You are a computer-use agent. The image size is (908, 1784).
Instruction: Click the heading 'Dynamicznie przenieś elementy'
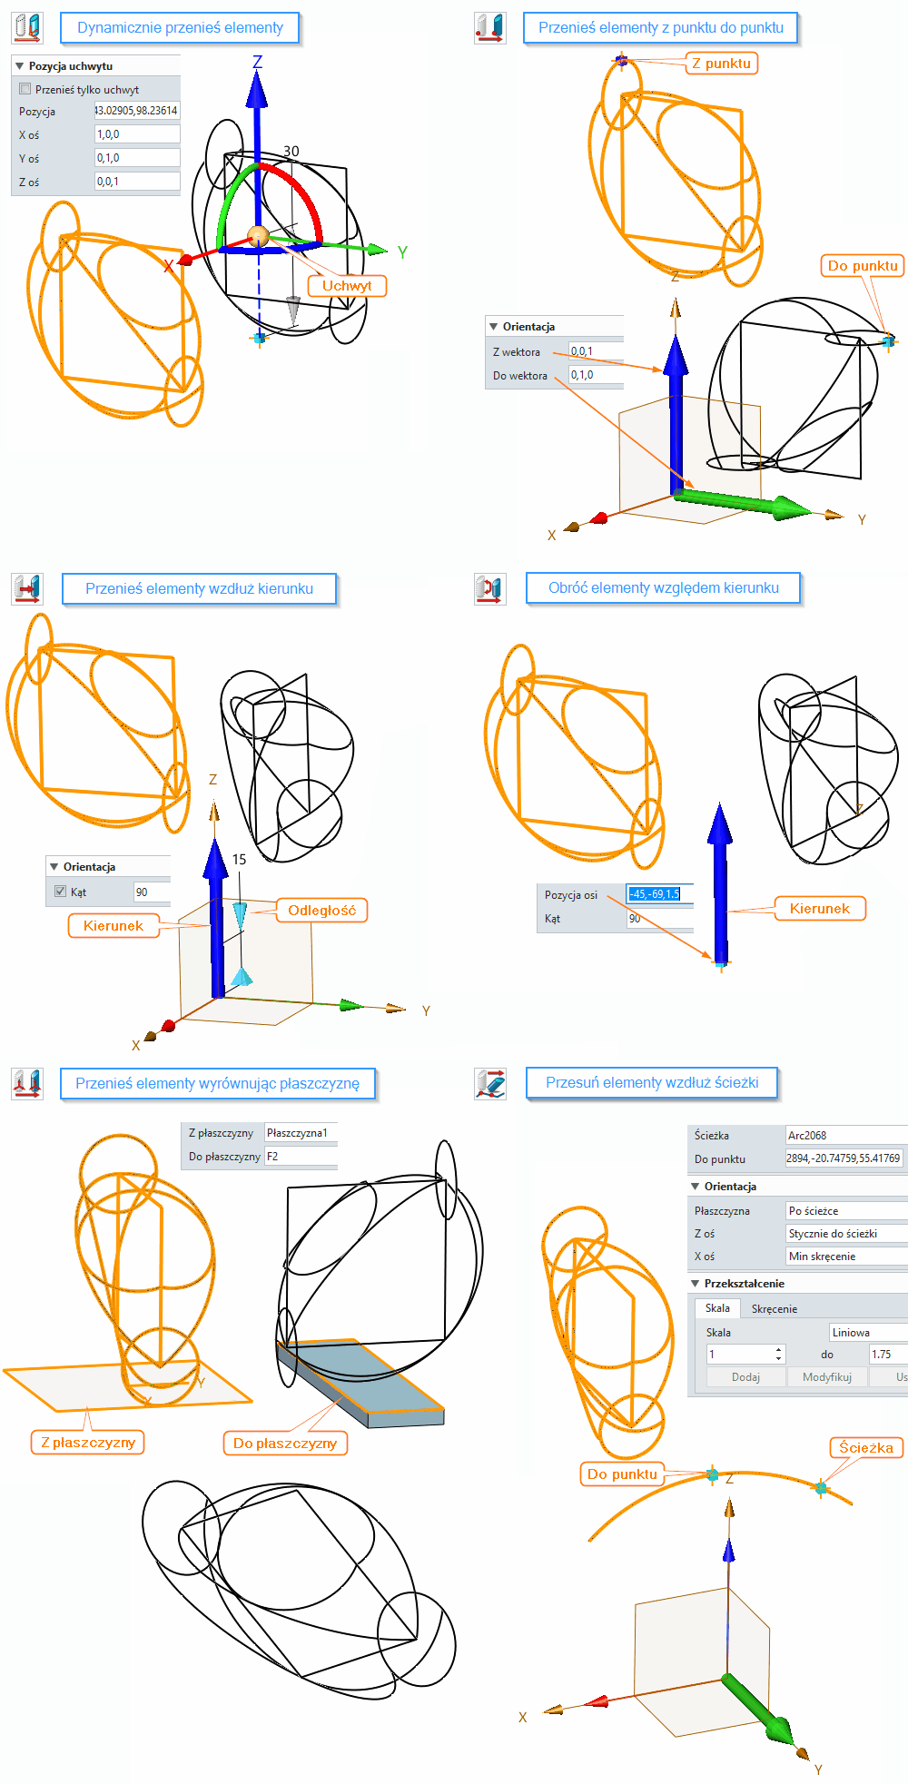point(180,28)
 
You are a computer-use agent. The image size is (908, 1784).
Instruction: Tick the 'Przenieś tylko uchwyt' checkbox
point(25,89)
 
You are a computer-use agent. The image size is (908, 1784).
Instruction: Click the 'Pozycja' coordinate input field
point(136,111)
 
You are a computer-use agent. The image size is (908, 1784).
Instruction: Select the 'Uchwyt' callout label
point(346,286)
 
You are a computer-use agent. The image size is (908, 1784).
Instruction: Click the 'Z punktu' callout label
point(721,64)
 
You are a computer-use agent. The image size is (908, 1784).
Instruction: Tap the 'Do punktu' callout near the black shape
point(862,266)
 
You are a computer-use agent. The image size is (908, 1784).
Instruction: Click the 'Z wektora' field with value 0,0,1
point(595,351)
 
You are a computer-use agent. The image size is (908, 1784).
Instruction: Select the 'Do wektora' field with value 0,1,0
point(595,375)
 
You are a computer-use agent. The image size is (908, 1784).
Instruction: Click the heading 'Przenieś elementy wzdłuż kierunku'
point(199,588)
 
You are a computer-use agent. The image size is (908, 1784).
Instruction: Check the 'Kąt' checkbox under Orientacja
point(61,892)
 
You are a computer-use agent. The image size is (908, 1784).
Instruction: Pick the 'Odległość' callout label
point(321,911)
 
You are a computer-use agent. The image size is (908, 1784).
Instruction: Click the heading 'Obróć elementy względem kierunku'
point(663,588)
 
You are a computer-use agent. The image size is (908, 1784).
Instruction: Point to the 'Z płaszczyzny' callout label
point(87,1443)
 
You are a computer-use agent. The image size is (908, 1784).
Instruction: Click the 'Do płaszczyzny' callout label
point(284,1444)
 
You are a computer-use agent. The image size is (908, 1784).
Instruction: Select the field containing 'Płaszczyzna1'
point(300,1133)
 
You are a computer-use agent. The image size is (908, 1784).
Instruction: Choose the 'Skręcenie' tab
point(774,1309)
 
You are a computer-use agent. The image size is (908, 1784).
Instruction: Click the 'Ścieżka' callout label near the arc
point(865,1448)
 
